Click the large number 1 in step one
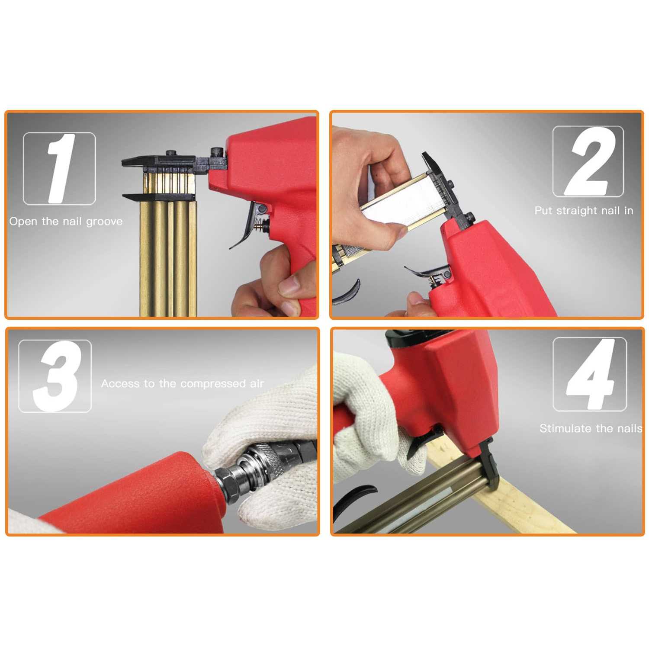point(61,169)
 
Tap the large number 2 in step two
point(588,161)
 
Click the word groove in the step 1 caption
point(104,222)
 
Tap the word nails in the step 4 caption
point(630,428)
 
